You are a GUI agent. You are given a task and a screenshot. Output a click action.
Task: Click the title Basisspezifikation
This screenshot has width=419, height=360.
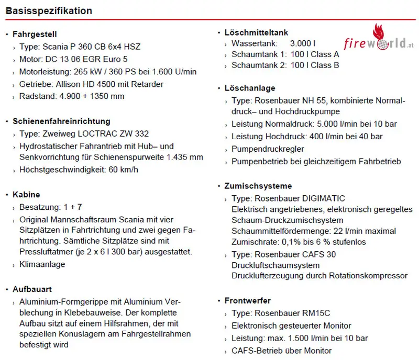49,10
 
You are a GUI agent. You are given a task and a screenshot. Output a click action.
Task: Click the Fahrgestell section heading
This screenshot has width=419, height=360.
35,35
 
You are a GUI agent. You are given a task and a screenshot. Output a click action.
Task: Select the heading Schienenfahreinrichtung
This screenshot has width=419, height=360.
61,121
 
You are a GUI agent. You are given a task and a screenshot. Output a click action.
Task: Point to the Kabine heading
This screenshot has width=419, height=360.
26,195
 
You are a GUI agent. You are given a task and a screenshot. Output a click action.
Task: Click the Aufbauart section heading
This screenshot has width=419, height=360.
32,289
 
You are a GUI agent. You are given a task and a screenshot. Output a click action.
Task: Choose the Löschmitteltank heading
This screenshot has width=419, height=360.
256,32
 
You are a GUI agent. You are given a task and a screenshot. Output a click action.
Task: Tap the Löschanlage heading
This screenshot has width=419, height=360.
250,88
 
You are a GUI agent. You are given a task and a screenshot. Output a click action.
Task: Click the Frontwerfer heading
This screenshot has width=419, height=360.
248,300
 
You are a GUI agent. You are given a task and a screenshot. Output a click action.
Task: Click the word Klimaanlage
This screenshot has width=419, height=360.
42,264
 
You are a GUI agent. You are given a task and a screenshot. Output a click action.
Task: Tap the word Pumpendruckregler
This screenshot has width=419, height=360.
268,149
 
